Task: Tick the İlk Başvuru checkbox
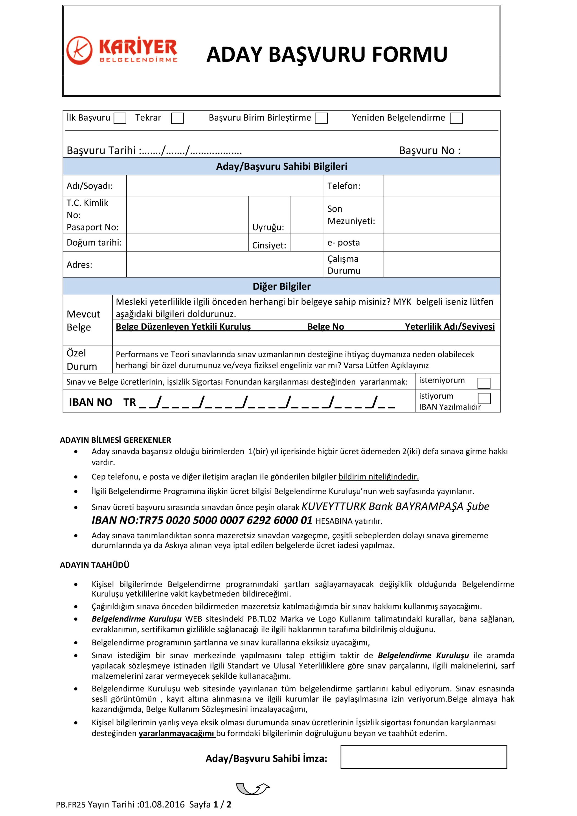pos(120,118)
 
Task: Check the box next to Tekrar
pos(177,118)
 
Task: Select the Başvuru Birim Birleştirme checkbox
pos(321,118)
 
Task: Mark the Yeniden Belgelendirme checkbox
pos(456,118)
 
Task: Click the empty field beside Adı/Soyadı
pos(225,185)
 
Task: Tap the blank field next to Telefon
pos(442,185)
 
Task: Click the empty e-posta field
pos(442,243)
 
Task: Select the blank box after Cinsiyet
pos(306,243)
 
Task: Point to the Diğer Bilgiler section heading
pos(281,286)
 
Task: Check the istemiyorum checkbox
pos(484,383)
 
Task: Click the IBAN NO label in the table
pos(91,402)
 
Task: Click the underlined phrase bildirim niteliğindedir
pos(378,477)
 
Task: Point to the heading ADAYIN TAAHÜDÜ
pos(94,565)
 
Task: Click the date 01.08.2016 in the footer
pos(162,804)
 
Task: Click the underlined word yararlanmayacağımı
pos(177,733)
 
